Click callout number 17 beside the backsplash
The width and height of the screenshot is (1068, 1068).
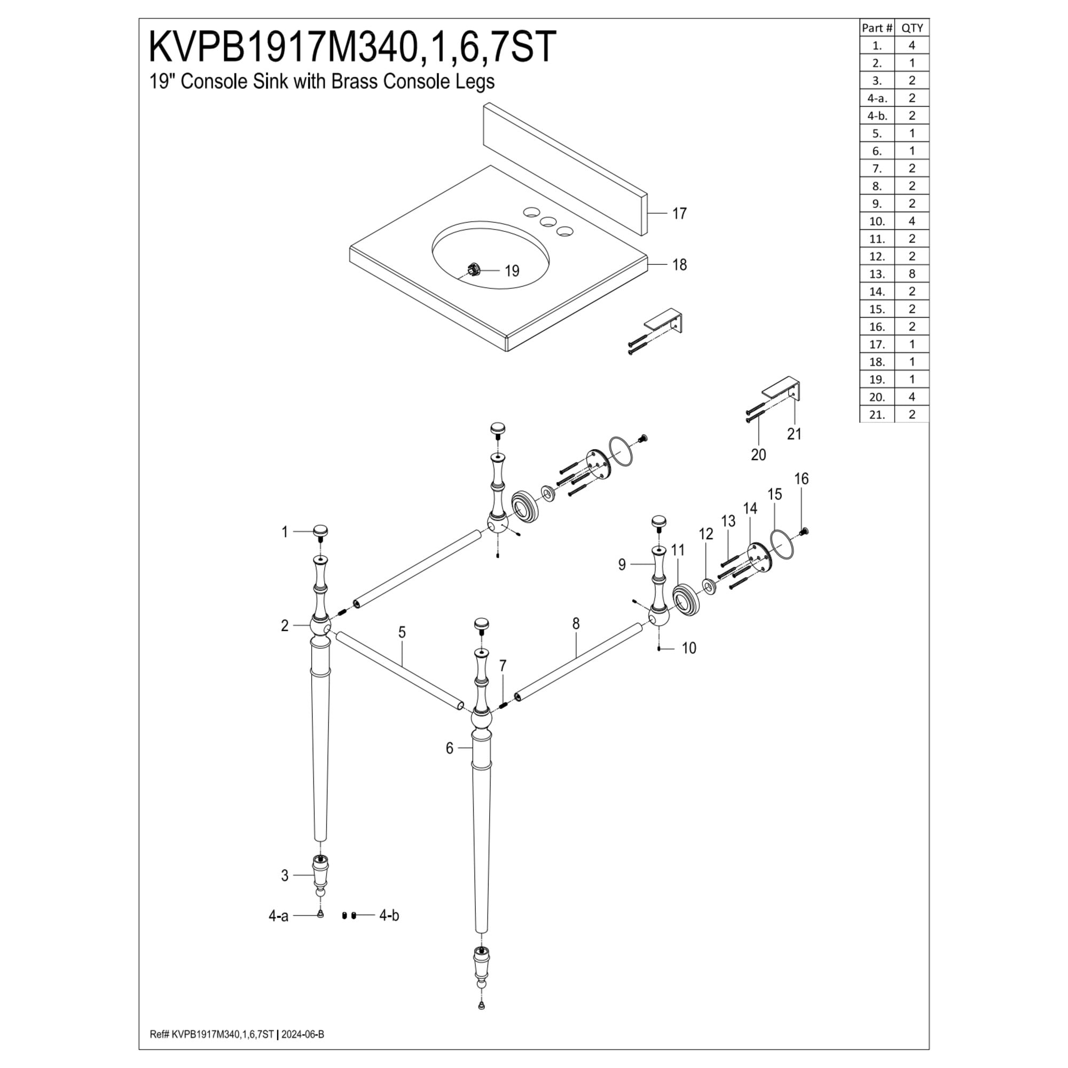pos(679,214)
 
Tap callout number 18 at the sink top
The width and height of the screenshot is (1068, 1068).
pos(679,265)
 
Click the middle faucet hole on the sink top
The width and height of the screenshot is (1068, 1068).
pos(548,222)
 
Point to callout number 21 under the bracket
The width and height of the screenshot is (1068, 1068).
pos(795,434)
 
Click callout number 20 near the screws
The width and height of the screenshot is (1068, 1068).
pos(758,454)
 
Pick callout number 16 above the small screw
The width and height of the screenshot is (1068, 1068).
pos(802,478)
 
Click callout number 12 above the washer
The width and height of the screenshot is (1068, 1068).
pos(706,533)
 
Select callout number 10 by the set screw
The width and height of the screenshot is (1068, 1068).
pos(689,648)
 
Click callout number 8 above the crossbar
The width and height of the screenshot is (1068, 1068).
pos(576,624)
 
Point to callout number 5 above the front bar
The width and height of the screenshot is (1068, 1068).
pos(402,632)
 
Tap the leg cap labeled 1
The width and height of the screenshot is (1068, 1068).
pos(320,532)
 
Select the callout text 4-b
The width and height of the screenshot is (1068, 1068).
pos(389,915)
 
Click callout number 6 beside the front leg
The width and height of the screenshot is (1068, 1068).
pos(450,748)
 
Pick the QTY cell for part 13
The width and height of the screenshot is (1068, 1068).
pos(912,273)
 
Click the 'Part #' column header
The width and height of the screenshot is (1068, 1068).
pos(877,28)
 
